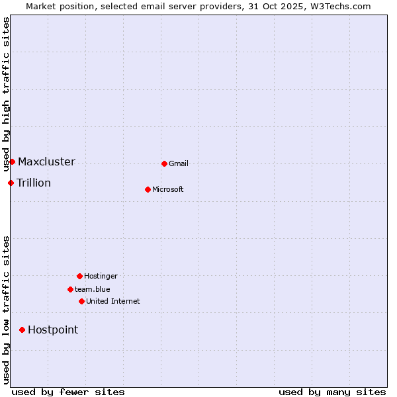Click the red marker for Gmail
coord(164,163)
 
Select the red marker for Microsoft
coord(148,189)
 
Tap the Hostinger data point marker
coord(79,276)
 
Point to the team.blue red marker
coord(70,289)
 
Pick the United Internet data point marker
coord(81,301)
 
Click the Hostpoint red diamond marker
coord(22,330)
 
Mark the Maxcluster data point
coord(12,161)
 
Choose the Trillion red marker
coord(11,183)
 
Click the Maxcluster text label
coord(46,161)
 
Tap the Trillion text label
coord(34,183)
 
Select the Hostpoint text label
coord(53,330)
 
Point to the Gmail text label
coord(179,163)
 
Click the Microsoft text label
coord(168,189)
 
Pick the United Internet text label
coord(113,301)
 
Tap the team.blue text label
coord(93,289)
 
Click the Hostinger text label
coord(101,276)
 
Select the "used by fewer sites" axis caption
coord(68,392)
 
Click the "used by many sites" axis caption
coord(332,392)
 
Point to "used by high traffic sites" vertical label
coord(6,94)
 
